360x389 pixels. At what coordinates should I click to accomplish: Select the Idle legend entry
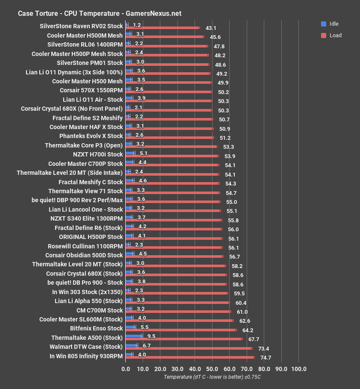(329, 24)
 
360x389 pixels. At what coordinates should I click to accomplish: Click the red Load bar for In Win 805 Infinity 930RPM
(190, 357)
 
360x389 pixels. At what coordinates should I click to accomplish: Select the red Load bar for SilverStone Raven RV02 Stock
(162, 28)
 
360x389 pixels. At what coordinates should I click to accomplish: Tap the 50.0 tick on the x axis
(212, 369)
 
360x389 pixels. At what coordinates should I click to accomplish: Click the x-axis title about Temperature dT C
(212, 377)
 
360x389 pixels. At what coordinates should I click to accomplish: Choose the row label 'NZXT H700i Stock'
(98, 154)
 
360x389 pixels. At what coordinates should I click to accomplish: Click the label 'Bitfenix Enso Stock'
(96, 328)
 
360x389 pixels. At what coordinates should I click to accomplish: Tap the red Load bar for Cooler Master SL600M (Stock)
(180, 320)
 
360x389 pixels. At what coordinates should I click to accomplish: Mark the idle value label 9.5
(151, 336)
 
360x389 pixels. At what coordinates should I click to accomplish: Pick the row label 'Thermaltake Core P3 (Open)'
(84, 145)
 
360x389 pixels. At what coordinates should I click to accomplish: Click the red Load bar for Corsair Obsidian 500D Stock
(174, 256)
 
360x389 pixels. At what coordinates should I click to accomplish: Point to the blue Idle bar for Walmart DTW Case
(131, 345)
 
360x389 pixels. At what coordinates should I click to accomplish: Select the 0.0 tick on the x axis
(126, 369)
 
